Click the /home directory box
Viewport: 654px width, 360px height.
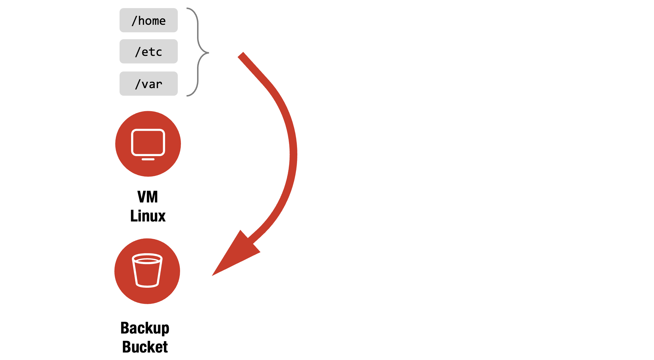pos(148,20)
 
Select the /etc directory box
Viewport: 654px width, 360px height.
pos(148,51)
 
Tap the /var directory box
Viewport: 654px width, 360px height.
pos(148,84)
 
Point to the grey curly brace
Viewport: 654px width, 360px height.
pos(198,35)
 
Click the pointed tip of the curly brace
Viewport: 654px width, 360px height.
pos(208,53)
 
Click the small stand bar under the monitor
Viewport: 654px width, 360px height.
pos(148,159)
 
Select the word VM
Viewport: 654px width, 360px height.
pos(148,197)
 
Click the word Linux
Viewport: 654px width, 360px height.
pos(148,216)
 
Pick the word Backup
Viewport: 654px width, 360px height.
pos(145,328)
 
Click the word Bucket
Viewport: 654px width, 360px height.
pos(145,347)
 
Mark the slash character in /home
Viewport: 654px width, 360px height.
pos(134,21)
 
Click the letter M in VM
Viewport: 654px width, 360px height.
pos(152,197)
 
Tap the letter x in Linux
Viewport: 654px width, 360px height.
pos(162,216)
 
